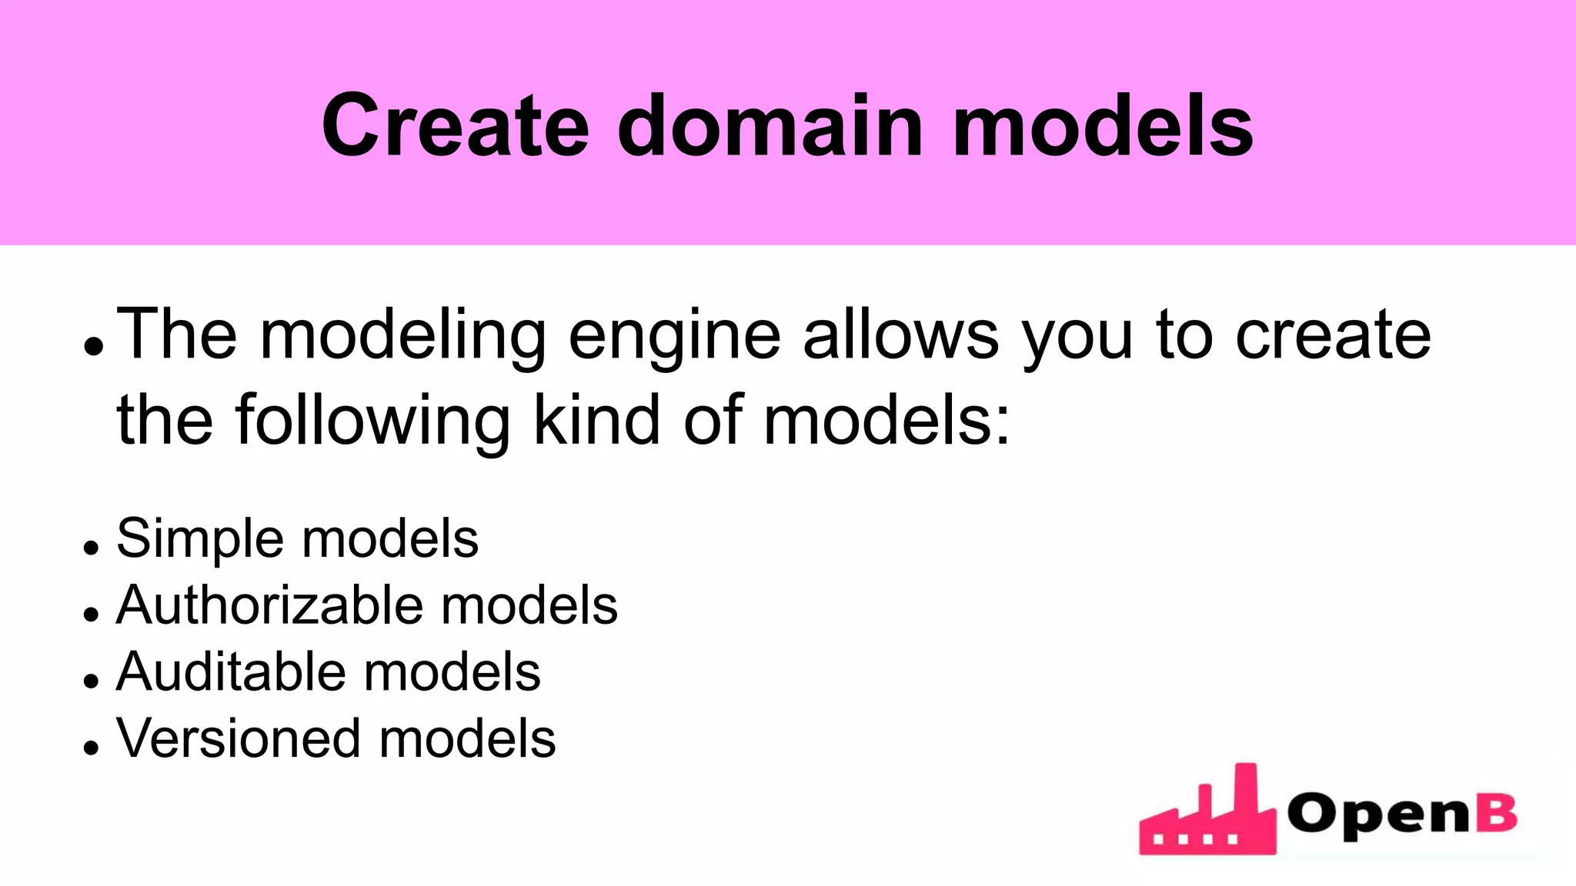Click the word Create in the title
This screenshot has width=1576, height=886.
pyautogui.click(x=455, y=125)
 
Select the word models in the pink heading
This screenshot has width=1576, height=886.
pyautogui.click(x=1103, y=125)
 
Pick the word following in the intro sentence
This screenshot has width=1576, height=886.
pyautogui.click(x=372, y=422)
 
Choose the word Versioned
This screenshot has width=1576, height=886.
pyautogui.click(x=238, y=739)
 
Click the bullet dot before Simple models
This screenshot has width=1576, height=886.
pyautogui.click(x=92, y=548)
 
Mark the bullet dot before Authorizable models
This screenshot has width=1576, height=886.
pyautogui.click(x=92, y=615)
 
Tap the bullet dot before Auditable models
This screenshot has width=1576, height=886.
pyautogui.click(x=92, y=681)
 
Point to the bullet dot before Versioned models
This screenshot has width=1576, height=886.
pyautogui.click(x=92, y=748)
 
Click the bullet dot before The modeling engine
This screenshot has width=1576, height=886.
pyautogui.click(x=93, y=347)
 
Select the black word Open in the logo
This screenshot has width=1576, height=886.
pyautogui.click(x=1378, y=815)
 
